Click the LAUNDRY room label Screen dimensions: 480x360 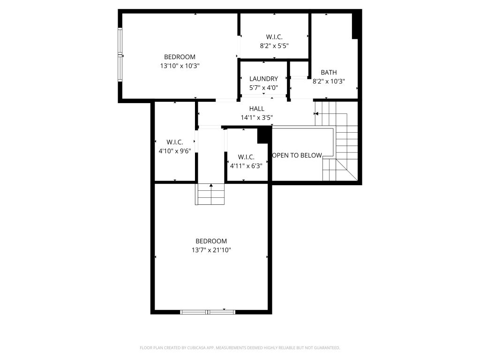pyautogui.click(x=263, y=79)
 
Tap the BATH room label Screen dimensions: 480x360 pyautogui.click(x=329, y=73)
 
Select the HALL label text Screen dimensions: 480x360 pyautogui.click(x=257, y=109)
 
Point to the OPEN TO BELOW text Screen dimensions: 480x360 pyautogui.click(x=297, y=156)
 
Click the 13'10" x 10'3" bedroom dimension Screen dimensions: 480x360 pyautogui.click(x=180, y=66)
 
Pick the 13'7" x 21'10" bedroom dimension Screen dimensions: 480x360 pyautogui.click(x=211, y=250)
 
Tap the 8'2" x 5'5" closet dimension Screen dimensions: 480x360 pyautogui.click(x=274, y=46)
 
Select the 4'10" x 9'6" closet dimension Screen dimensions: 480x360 pyautogui.click(x=175, y=151)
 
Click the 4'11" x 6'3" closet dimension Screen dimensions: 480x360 pyautogui.click(x=247, y=166)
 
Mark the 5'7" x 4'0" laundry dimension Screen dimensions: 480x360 pyautogui.click(x=263, y=88)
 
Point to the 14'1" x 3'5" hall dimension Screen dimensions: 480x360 pyautogui.click(x=257, y=118)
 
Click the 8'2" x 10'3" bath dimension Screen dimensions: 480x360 pyautogui.click(x=329, y=82)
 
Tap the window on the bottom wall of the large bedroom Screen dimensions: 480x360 pyautogui.click(x=208, y=312)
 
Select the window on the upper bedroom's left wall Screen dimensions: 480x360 pyautogui.click(x=120, y=54)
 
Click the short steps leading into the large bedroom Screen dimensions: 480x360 pyautogui.click(x=210, y=194)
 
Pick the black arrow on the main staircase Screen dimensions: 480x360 pyautogui.click(x=316, y=114)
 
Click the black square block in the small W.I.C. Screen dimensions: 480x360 pyautogui.click(x=262, y=135)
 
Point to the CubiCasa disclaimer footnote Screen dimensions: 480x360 pyautogui.click(x=240, y=348)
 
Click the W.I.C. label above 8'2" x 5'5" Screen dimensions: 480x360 pyautogui.click(x=274, y=37)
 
